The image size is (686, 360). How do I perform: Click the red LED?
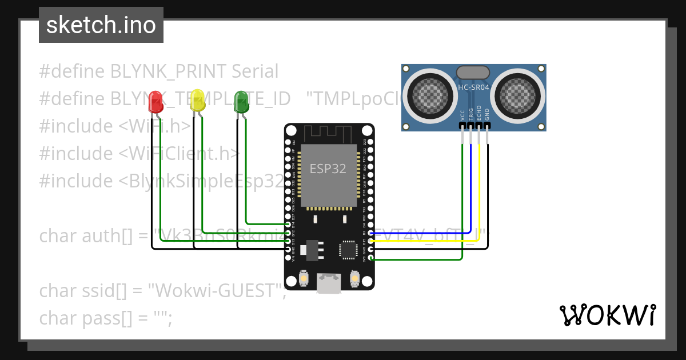click(x=155, y=102)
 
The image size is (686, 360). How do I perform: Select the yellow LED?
click(x=197, y=100)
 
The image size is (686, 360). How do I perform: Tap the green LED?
click(x=241, y=102)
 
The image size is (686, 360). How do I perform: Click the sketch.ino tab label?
click(x=101, y=26)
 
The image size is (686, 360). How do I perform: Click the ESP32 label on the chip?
click(x=328, y=169)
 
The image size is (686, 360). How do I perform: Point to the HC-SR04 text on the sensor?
click(x=473, y=87)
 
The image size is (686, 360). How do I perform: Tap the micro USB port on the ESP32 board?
click(x=329, y=284)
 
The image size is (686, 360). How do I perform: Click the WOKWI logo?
click(x=607, y=315)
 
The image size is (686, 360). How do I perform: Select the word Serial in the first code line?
click(x=255, y=71)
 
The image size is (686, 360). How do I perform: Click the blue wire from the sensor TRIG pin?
click(x=472, y=189)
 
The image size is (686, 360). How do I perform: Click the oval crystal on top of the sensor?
click(x=473, y=73)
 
